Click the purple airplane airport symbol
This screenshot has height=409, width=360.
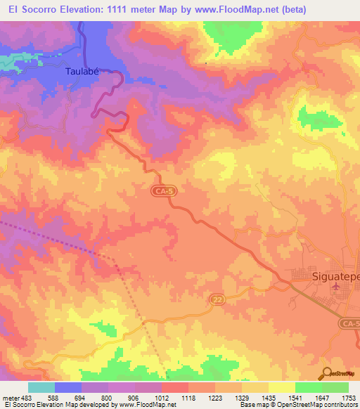click(x=335, y=285)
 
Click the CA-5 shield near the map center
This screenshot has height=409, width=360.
click(x=160, y=190)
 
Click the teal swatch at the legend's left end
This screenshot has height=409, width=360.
click(x=41, y=387)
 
